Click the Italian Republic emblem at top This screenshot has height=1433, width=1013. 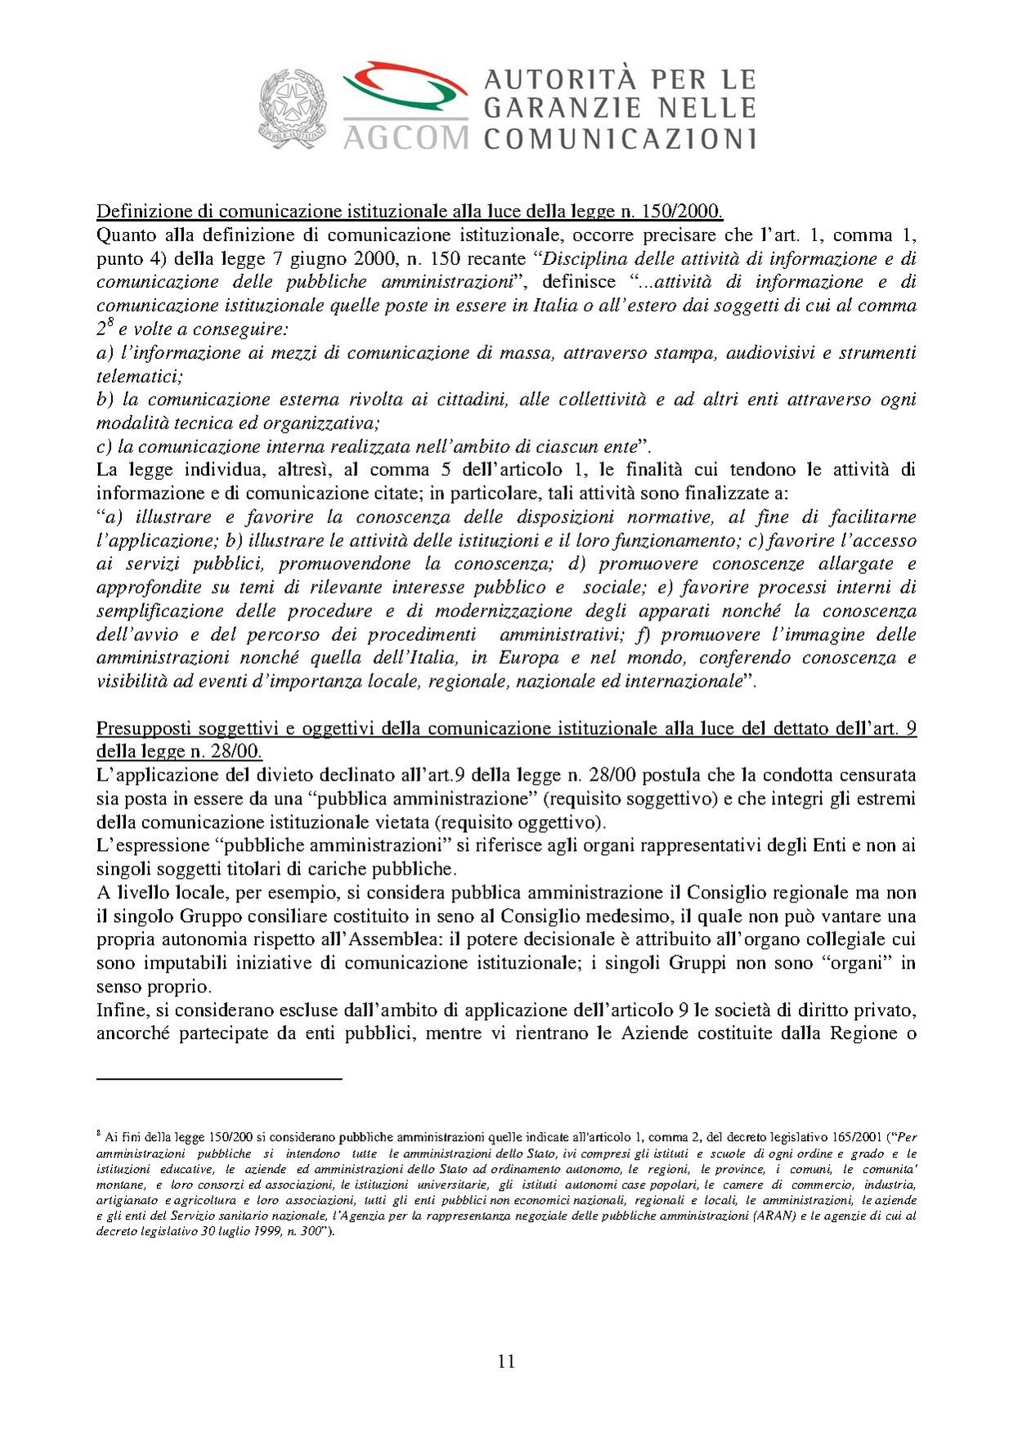pos(293,109)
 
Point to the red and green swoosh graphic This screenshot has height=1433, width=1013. pos(405,88)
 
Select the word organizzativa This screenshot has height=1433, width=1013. pos(325,423)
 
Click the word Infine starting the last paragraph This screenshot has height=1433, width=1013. pos(120,1010)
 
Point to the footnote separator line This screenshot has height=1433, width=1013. pos(218,1080)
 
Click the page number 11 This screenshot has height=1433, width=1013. pos(506,1361)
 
